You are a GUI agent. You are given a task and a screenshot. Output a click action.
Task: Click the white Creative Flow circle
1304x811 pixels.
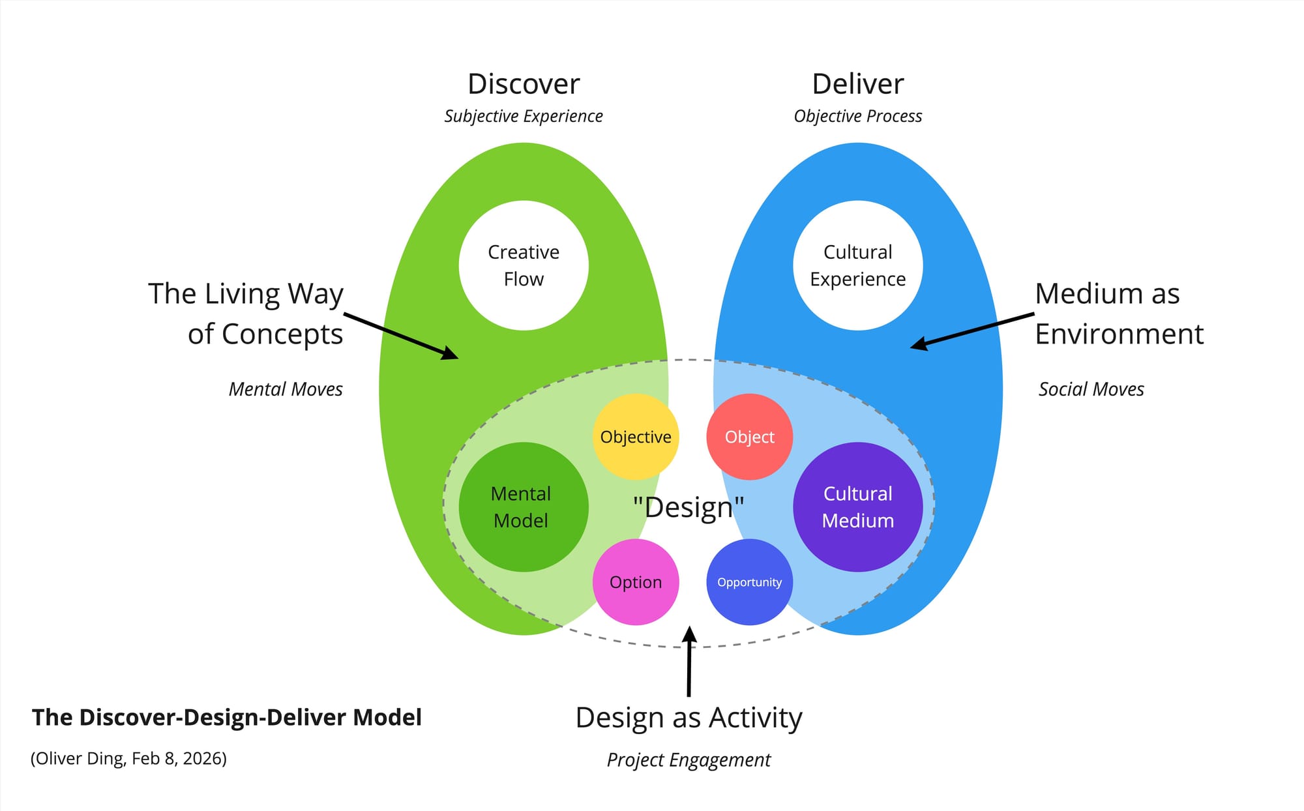[x=524, y=265]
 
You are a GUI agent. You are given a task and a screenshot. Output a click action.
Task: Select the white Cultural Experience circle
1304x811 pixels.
[x=858, y=265]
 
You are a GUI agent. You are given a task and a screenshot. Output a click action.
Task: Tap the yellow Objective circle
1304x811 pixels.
[x=636, y=437]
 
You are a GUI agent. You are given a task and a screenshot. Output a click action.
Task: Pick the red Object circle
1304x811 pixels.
[x=750, y=437]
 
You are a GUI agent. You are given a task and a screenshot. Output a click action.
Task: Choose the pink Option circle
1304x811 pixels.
[x=636, y=582]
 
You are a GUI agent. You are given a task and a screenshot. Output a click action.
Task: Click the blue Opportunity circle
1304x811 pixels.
[x=750, y=582]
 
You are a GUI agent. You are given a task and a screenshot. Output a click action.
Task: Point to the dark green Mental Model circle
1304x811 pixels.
[x=524, y=507]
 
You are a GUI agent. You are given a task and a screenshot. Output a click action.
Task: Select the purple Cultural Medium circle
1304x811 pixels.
[x=858, y=507]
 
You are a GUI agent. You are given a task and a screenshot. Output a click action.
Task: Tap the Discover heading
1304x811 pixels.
[x=524, y=84]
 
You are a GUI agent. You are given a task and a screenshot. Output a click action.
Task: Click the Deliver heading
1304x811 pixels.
[x=858, y=84]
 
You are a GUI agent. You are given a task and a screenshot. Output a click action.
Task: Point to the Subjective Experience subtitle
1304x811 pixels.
[x=524, y=116]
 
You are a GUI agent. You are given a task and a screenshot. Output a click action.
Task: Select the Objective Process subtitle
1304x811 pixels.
[x=858, y=116]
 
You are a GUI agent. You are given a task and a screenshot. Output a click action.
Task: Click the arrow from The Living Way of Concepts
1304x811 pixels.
[x=401, y=336]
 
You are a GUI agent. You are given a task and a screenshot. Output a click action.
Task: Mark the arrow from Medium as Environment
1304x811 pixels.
[x=972, y=331]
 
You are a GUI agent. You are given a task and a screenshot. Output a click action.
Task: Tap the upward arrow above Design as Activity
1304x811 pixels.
[x=689, y=661]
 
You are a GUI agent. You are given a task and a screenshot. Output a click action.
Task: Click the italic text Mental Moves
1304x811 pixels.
[x=286, y=389]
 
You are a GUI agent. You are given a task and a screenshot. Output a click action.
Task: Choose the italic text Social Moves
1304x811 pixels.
[x=1091, y=389]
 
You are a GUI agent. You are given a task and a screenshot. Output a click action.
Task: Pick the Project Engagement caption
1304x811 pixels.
[x=689, y=760]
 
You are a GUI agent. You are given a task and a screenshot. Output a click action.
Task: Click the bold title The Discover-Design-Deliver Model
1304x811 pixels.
[x=227, y=717]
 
